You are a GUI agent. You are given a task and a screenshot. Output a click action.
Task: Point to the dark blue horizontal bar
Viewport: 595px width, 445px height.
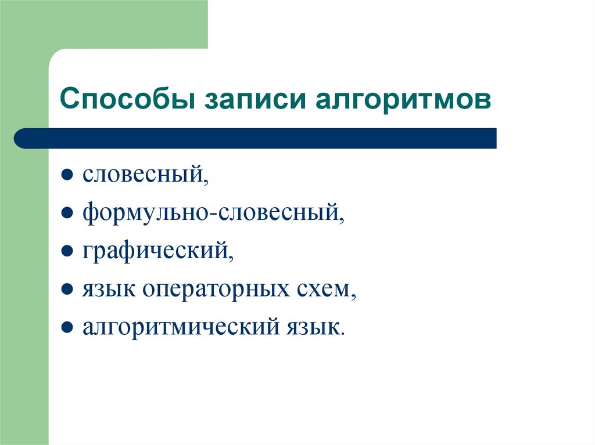coord(256,139)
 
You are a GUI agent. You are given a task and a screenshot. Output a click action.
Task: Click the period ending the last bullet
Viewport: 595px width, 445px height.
coord(343,334)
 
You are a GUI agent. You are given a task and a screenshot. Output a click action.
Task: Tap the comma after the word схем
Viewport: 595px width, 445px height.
coord(353,296)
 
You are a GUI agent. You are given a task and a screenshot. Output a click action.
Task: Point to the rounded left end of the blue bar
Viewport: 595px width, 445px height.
coord(22,139)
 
